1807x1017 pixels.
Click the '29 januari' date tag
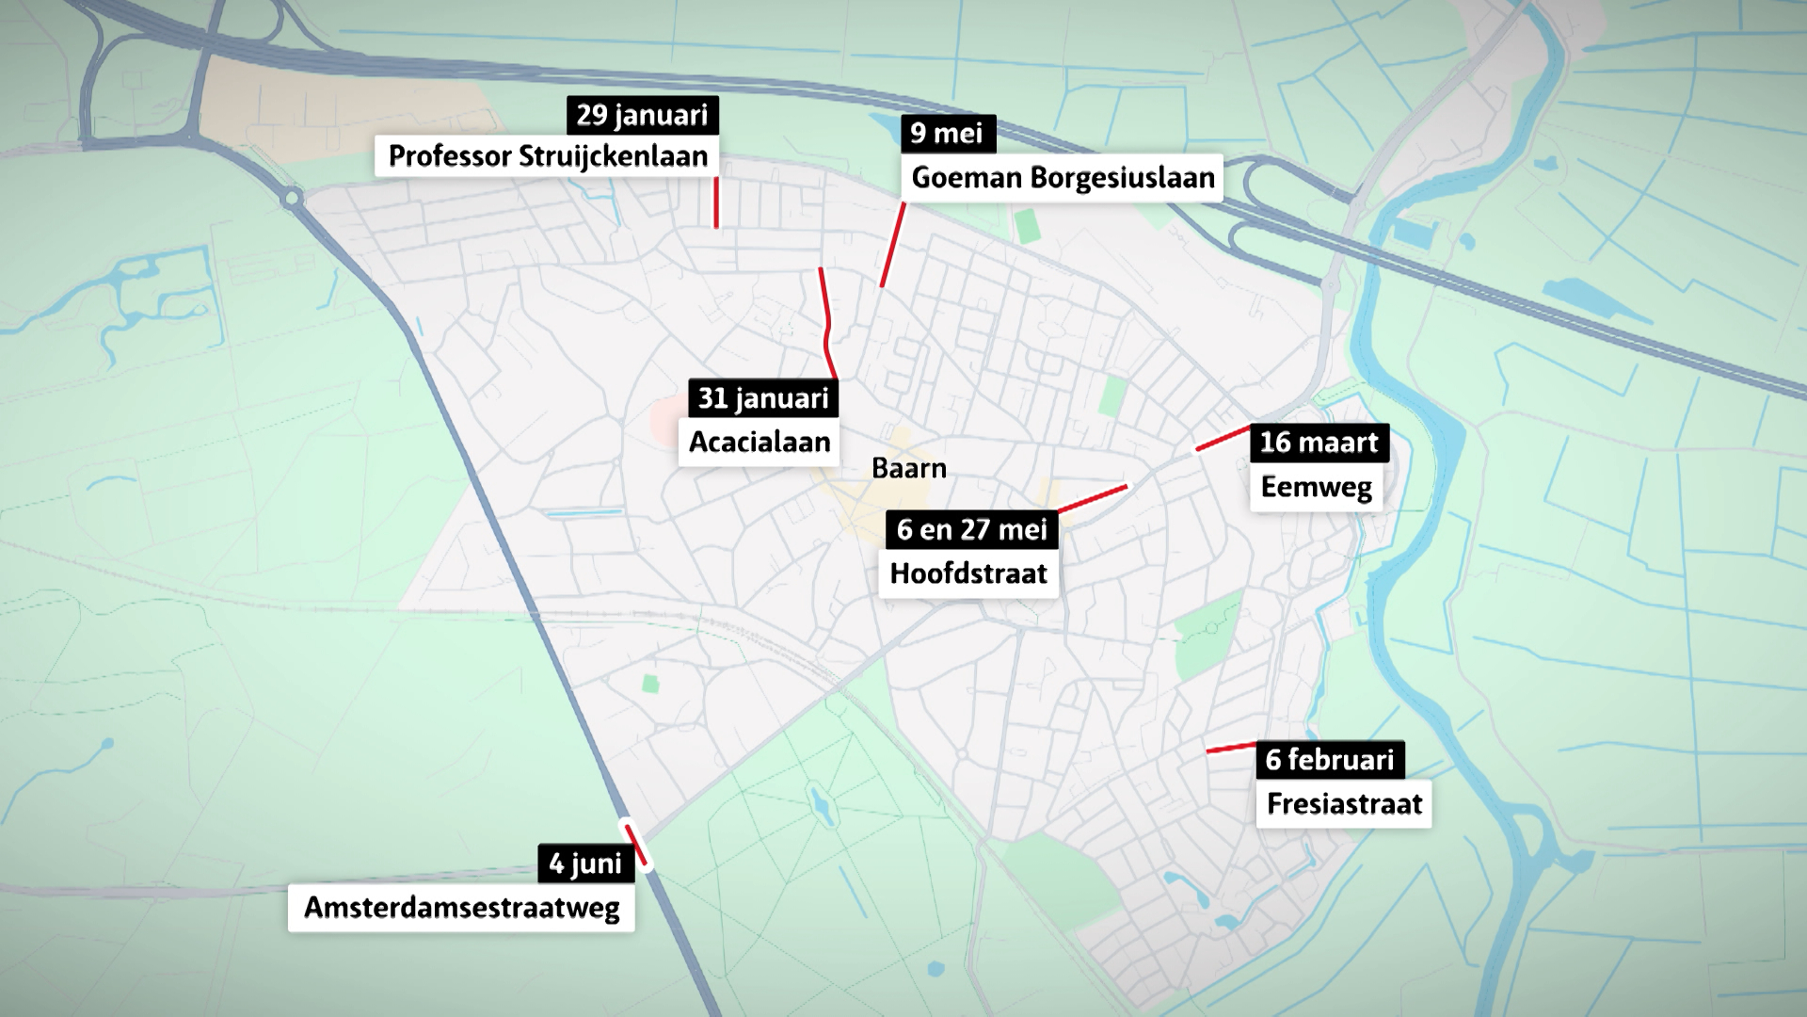pos(642,115)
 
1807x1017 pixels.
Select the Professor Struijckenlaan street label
pos(547,155)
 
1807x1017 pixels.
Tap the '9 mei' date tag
pos(947,134)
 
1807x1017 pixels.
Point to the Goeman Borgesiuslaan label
pos(1063,177)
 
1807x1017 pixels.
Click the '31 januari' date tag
pos(762,398)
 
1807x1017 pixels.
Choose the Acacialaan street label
pos(759,442)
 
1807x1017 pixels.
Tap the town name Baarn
pos(908,468)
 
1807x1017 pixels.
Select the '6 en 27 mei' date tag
pos(971,529)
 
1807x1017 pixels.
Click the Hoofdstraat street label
pos(968,573)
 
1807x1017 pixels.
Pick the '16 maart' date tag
pos(1319,443)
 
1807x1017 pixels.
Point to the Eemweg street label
pos(1316,487)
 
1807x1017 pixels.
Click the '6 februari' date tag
pos(1329,760)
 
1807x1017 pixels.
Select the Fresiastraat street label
pos(1344,803)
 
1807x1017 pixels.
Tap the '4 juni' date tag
pos(585,864)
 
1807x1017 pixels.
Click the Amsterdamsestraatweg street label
pos(461,908)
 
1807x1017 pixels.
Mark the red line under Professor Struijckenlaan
pos(716,202)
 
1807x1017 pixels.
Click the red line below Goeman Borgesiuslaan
pos(892,245)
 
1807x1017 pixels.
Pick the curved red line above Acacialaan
pos(826,322)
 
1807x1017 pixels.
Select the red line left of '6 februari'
pos(1231,749)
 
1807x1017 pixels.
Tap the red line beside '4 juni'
pos(636,844)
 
